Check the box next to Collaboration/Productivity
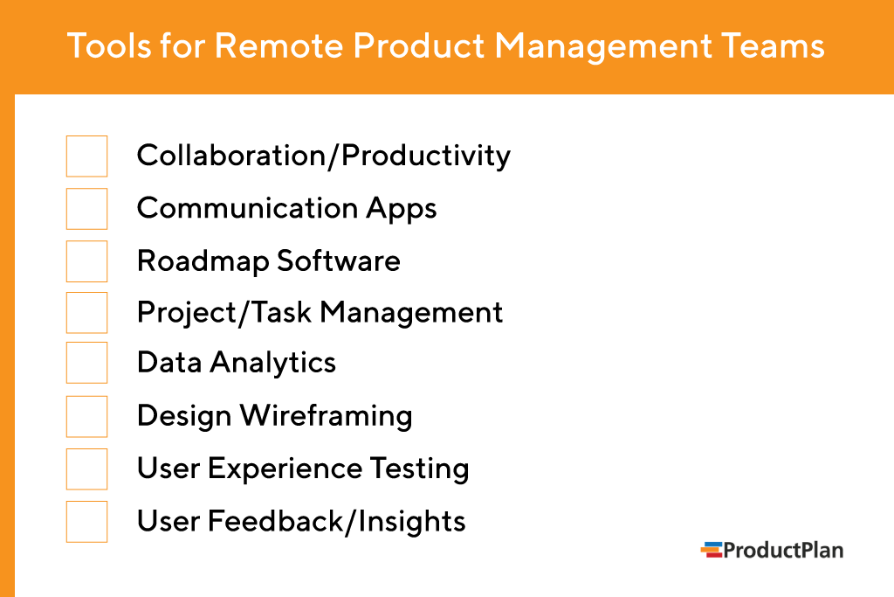coord(86,156)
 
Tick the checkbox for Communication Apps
coord(86,209)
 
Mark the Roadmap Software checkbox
coord(86,261)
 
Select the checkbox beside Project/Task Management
coord(86,313)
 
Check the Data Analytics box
coord(86,363)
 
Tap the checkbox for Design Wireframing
coord(86,416)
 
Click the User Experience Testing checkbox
coord(86,469)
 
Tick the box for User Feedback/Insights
coord(86,522)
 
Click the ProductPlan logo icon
coord(712,550)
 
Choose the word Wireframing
coord(327,416)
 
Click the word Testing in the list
coord(419,469)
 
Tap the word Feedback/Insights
coord(336,522)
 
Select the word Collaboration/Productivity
coord(323,156)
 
